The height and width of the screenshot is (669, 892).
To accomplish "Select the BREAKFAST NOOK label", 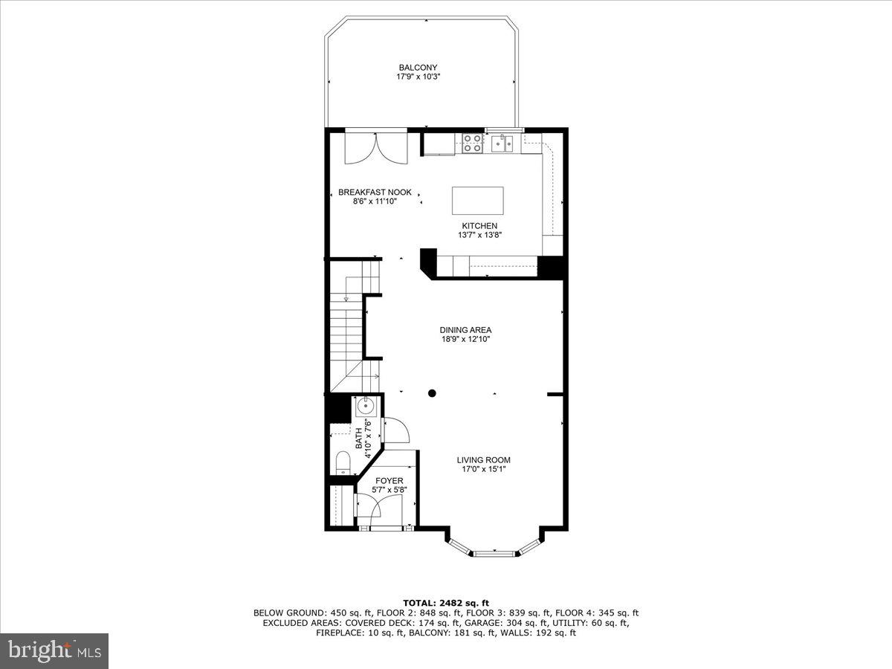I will tap(375, 192).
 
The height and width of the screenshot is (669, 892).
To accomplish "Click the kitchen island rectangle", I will tap(478, 201).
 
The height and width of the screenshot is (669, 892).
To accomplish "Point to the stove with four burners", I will tap(472, 143).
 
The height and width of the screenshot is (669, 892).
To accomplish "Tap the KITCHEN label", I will tap(479, 226).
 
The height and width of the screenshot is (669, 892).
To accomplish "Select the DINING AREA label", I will tap(465, 330).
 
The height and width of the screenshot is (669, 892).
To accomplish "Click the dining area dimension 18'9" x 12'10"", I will tap(465, 340).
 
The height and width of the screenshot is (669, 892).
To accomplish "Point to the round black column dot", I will tap(432, 393).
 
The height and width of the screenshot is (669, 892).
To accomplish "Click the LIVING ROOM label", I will tap(483, 460).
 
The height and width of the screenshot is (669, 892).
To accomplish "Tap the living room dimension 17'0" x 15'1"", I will tap(483, 469).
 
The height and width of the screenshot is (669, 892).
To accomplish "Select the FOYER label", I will tap(389, 481).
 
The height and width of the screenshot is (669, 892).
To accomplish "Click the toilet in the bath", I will tap(342, 463).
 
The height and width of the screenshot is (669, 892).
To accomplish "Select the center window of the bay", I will tap(494, 552).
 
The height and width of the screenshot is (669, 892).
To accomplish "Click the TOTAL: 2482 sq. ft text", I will tap(446, 603).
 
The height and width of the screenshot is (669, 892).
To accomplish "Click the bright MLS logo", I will tap(54, 651).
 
